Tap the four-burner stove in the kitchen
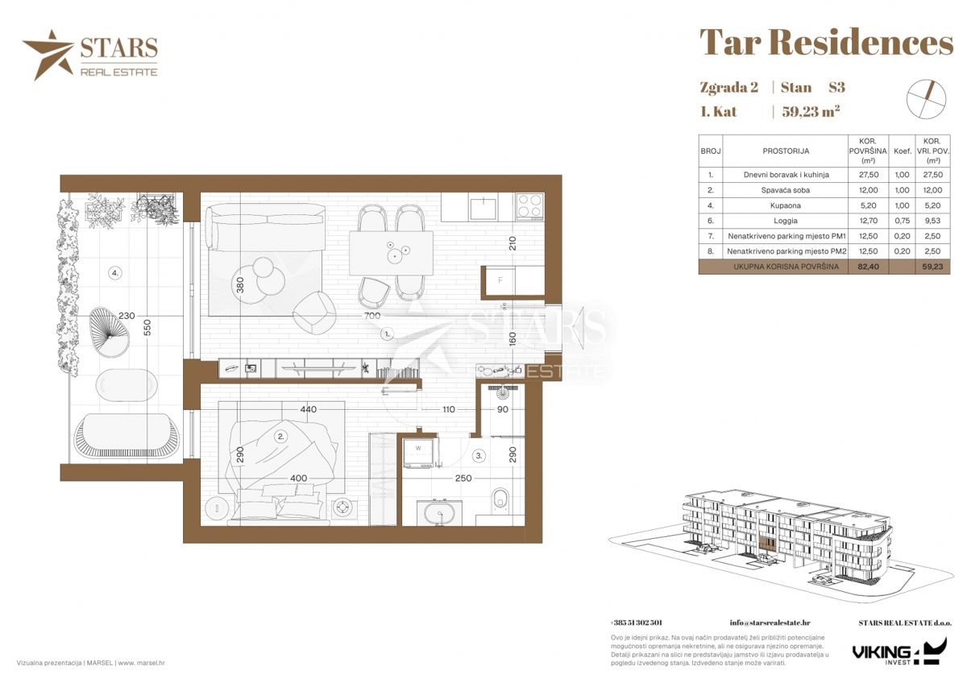pyautogui.click(x=529, y=205)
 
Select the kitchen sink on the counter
pyautogui.click(x=484, y=209)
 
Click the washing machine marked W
pyautogui.click(x=418, y=453)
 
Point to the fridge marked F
pyautogui.click(x=500, y=280)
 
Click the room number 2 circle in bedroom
pyautogui.click(x=280, y=437)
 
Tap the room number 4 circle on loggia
pyautogui.click(x=114, y=273)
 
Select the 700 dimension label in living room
pyautogui.click(x=372, y=316)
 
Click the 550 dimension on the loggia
pyautogui.click(x=147, y=328)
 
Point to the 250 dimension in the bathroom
pyautogui.click(x=463, y=478)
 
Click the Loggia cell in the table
pyautogui.click(x=785, y=221)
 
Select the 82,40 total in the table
pyautogui.click(x=867, y=267)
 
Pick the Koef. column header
pyautogui.click(x=903, y=151)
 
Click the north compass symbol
pyautogui.click(x=926, y=99)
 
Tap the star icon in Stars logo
pyautogui.click(x=48, y=55)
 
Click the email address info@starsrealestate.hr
pyautogui.click(x=770, y=623)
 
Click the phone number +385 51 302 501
pyautogui.click(x=636, y=623)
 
